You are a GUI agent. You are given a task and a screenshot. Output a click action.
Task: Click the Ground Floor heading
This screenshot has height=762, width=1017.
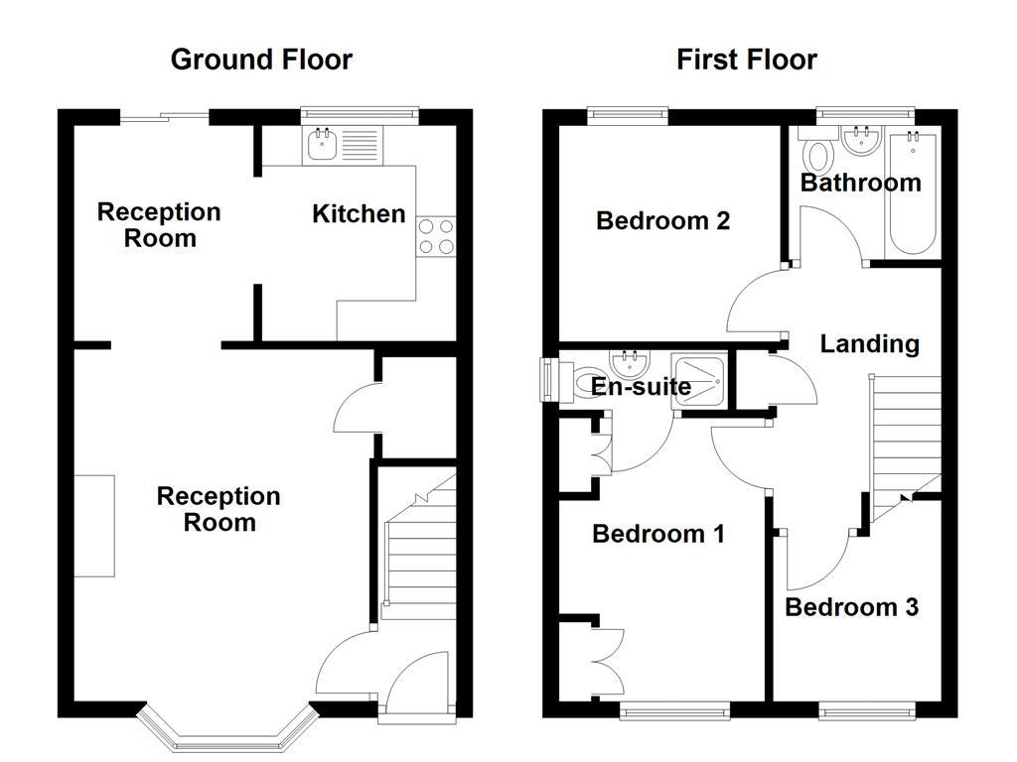261,60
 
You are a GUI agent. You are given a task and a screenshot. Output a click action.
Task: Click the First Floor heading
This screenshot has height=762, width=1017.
747,60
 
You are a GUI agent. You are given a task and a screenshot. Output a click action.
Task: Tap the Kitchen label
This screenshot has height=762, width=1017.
359,213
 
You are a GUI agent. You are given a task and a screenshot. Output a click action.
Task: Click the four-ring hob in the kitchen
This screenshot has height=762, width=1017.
436,236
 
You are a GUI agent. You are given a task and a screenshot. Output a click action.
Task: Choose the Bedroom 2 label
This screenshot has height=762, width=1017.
662,220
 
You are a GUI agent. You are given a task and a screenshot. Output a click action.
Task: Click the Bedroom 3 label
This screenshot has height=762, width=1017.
851,606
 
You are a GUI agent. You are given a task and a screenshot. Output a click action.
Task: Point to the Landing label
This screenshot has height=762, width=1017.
869,344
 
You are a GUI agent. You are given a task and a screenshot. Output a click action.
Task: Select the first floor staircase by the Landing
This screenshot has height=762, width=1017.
906,437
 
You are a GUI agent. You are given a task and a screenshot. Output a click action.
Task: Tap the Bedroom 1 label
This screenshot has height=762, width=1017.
658,534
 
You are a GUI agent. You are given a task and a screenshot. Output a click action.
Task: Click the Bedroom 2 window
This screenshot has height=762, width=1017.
627,114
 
